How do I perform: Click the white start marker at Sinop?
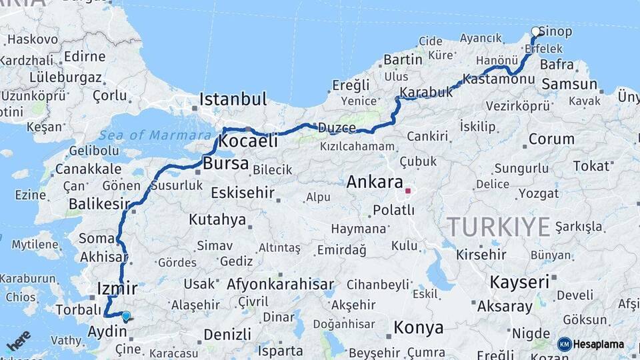point(535,31)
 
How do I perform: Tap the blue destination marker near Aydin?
point(126,316)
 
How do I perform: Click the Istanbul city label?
point(233,99)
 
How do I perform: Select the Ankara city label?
point(375,181)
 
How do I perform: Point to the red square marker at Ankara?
point(408,191)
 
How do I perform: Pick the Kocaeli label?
point(248,141)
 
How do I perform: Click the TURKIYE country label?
point(499,227)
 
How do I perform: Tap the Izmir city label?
point(117,289)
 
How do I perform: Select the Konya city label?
point(418,327)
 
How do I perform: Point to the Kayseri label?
point(519,281)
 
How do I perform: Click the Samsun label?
point(569,84)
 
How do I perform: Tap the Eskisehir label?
point(243,193)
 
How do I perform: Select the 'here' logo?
point(18,341)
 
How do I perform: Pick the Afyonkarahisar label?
point(280,285)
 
